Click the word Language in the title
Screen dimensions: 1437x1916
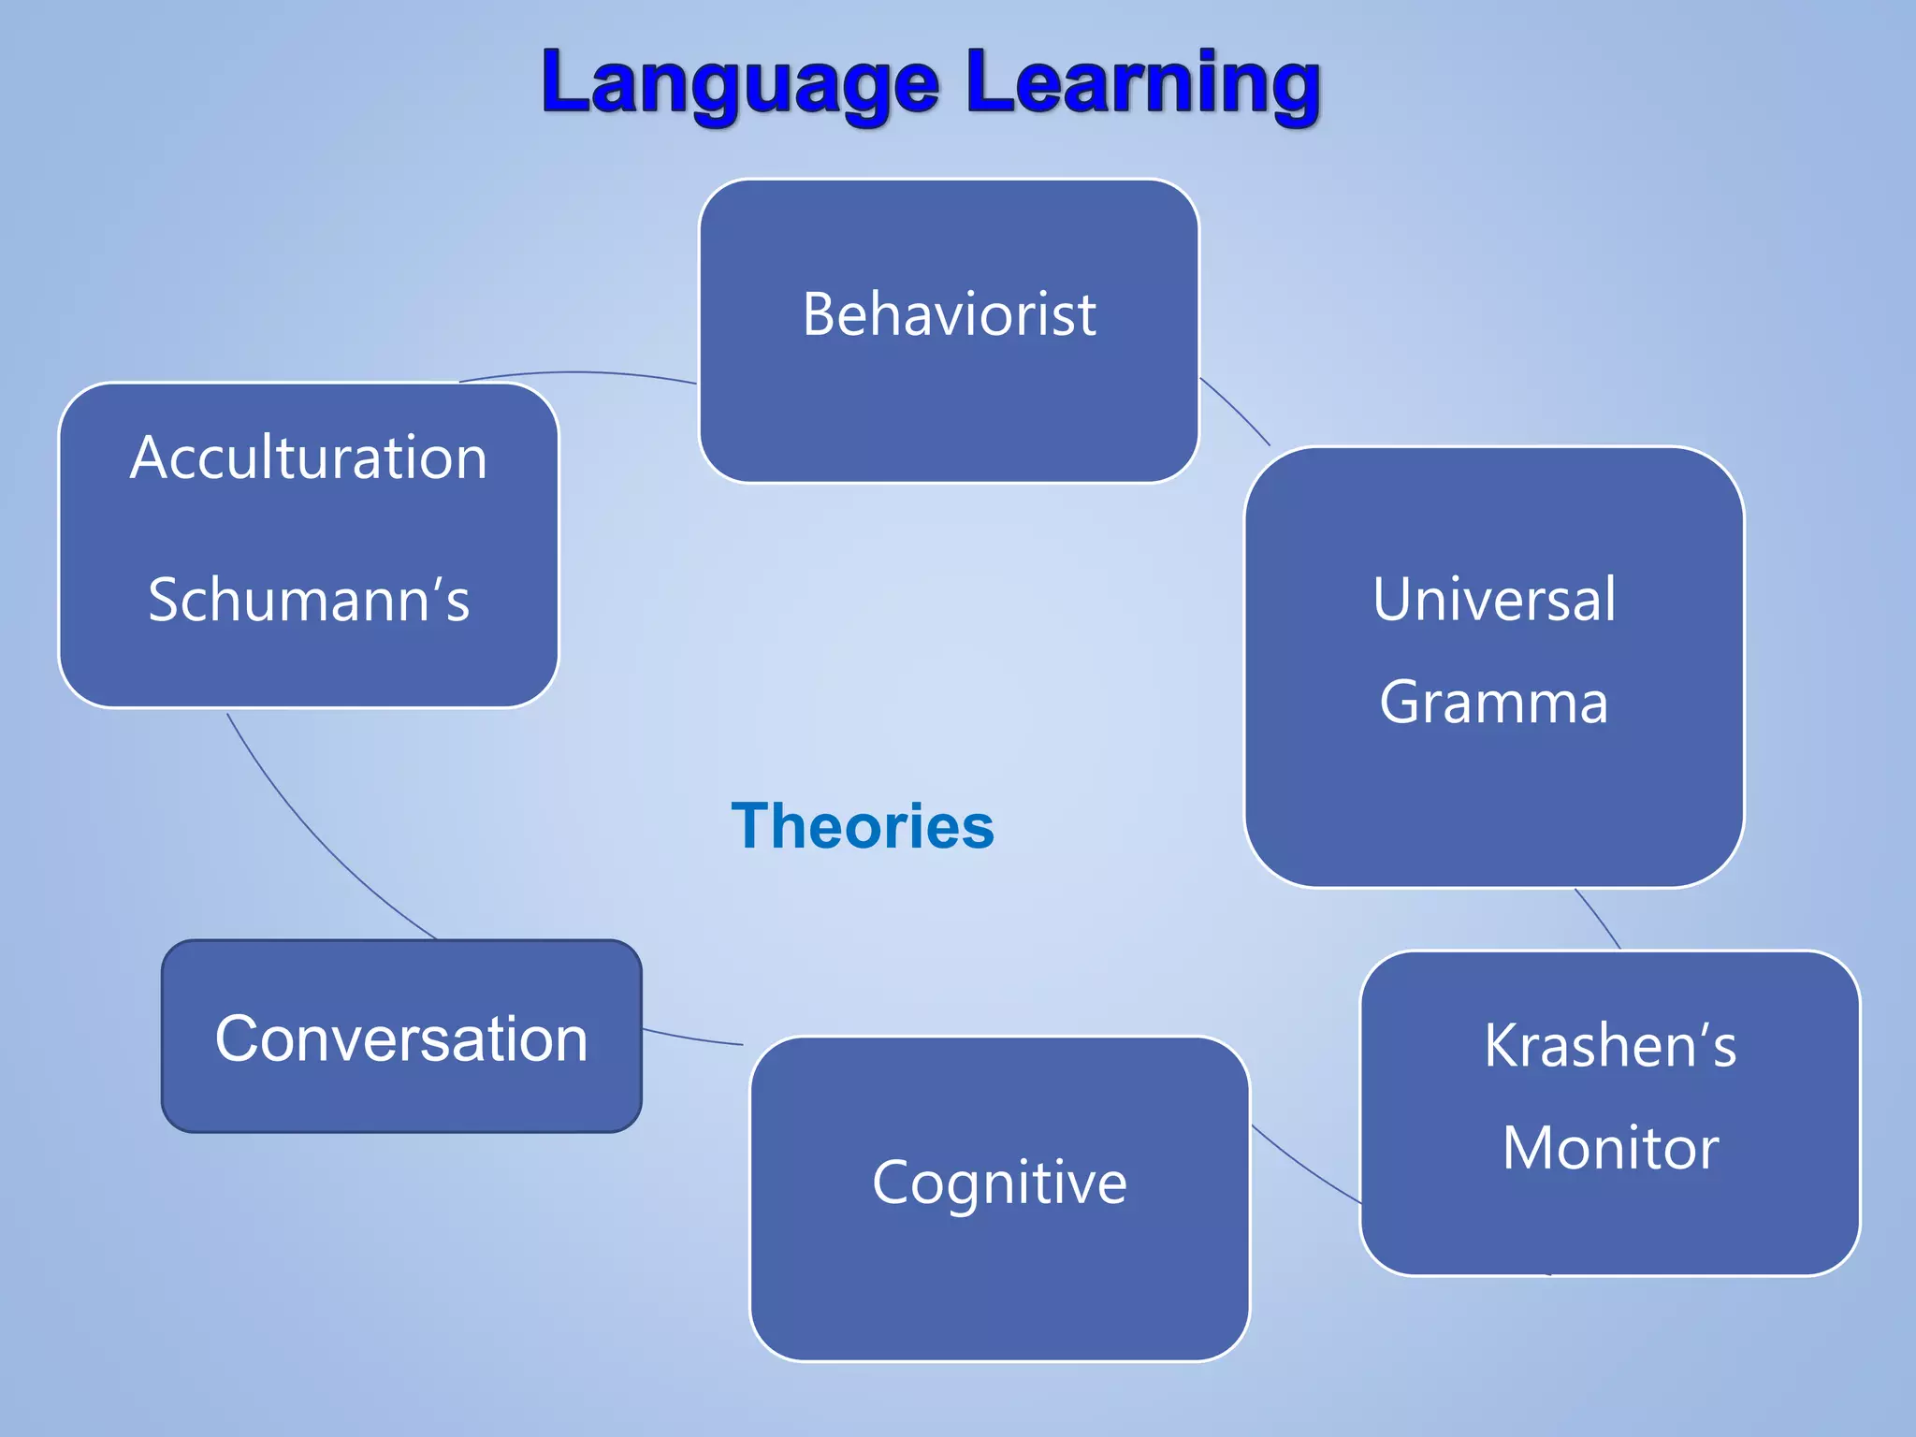739,84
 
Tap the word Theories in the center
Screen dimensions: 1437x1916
863,827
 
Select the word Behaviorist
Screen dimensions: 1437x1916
949,314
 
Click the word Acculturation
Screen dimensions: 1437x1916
309,458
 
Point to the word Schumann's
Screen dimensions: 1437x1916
309,600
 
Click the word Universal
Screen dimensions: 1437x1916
1494,600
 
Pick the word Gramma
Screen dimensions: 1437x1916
1494,703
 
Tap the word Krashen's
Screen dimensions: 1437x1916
1610,1045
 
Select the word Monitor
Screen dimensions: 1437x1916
1610,1148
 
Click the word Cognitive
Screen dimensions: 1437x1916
999,1183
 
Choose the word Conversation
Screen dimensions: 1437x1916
401,1038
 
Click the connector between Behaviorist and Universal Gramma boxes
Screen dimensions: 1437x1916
1235,410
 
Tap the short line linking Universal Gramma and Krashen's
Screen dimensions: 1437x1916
1598,919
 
